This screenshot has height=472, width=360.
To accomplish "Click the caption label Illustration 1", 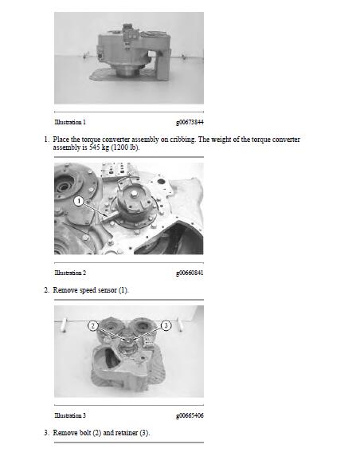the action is click(70, 122).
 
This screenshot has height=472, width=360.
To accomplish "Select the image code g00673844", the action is click(190, 122).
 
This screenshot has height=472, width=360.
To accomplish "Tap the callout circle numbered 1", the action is click(79, 201).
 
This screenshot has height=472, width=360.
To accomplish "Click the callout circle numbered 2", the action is click(93, 326).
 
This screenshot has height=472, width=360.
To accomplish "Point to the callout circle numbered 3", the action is click(166, 325).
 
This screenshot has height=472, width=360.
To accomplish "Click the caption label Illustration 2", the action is click(70, 273).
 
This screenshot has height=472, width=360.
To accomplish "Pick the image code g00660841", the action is click(190, 273).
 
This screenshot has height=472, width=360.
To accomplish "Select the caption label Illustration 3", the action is click(70, 415).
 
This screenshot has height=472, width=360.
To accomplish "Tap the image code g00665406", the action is click(190, 415).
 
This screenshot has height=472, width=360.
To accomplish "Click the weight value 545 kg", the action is click(99, 147).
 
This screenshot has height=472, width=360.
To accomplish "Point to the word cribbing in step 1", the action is click(182, 140).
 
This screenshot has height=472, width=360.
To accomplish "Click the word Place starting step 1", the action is click(61, 140).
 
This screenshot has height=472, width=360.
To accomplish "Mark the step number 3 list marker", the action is click(46, 433).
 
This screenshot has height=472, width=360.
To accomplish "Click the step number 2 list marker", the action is click(46, 290).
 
